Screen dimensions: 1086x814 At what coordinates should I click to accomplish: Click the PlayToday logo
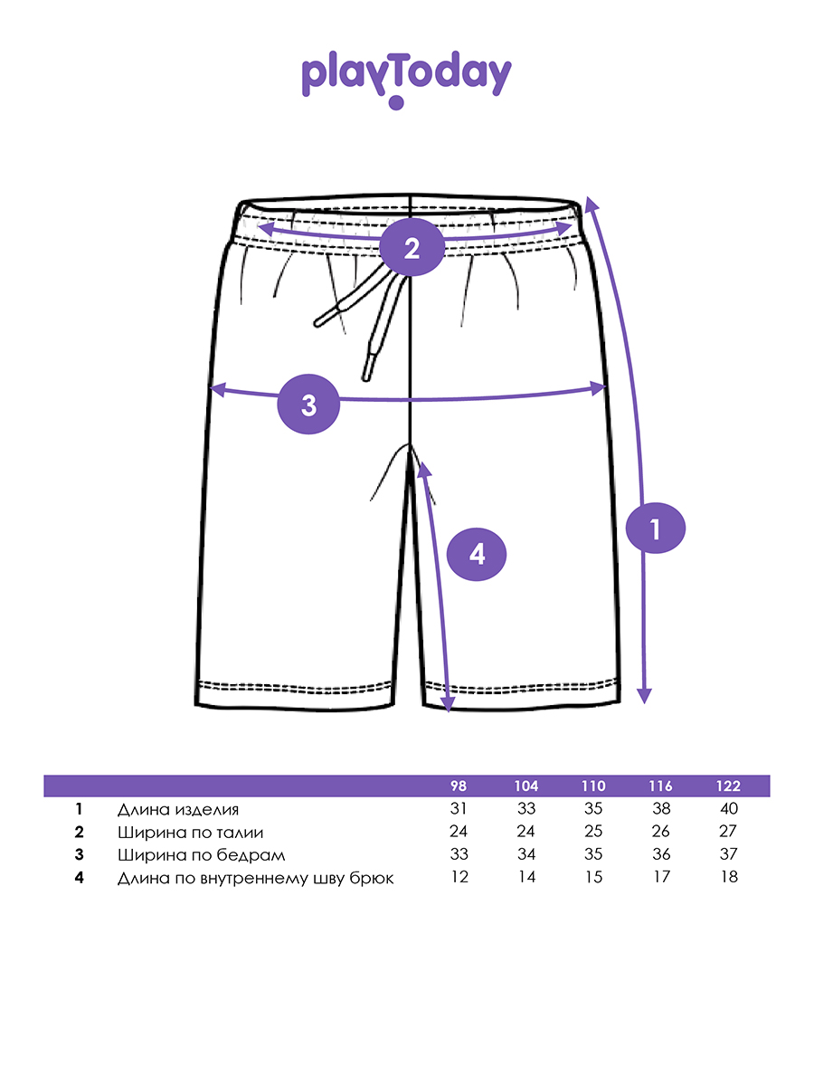click(x=406, y=78)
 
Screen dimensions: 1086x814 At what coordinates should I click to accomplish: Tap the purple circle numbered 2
click(x=412, y=247)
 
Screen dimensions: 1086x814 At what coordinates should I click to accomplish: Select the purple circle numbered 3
click(x=309, y=404)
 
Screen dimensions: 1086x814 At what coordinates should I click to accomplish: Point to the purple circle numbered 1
click(x=656, y=527)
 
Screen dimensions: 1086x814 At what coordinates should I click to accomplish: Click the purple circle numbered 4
click(x=477, y=553)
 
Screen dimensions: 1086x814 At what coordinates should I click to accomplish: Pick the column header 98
click(x=460, y=786)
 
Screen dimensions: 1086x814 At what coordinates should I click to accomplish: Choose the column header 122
click(x=726, y=786)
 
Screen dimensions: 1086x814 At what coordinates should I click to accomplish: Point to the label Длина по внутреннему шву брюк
click(x=256, y=877)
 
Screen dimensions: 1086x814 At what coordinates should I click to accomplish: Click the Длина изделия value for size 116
click(x=660, y=809)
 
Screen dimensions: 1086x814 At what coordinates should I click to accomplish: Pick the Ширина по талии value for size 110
click(x=593, y=832)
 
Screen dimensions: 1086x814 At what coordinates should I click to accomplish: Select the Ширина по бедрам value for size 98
click(x=460, y=854)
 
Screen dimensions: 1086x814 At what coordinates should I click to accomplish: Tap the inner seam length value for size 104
click(x=526, y=877)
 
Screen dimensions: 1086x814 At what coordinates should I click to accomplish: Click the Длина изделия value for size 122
click(x=726, y=809)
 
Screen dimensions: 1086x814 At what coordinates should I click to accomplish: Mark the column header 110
click(x=593, y=786)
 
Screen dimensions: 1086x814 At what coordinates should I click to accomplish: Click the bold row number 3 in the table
click(x=80, y=854)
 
